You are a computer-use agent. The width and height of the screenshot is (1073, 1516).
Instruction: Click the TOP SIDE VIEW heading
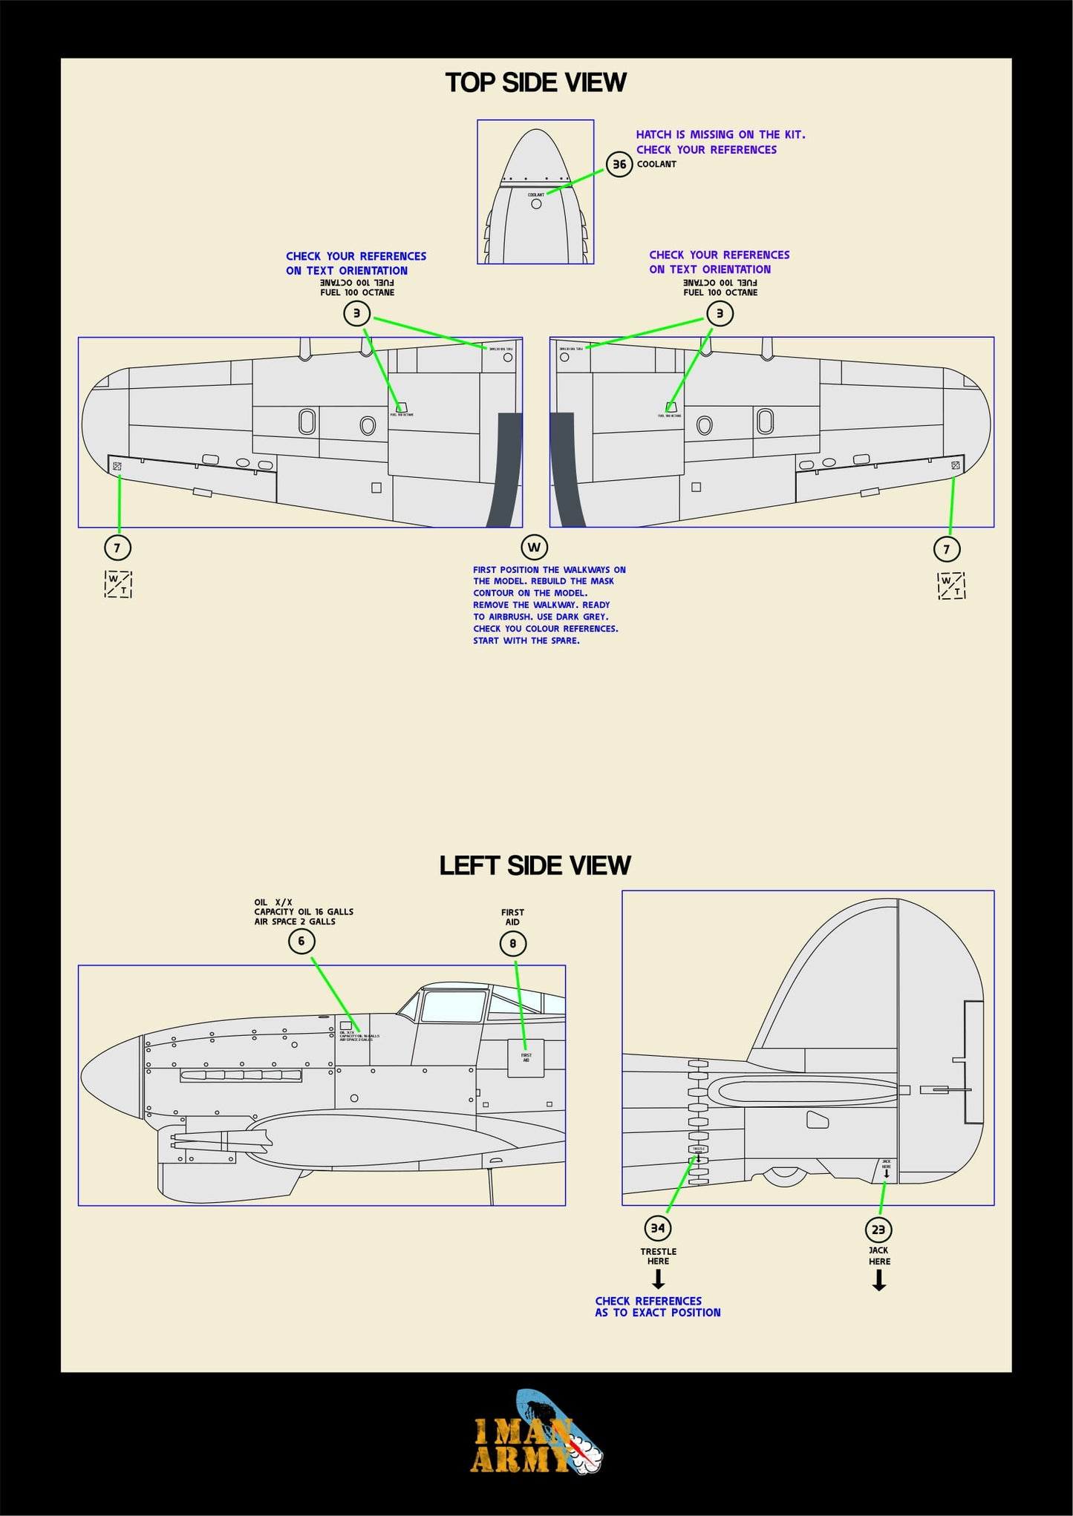point(535,82)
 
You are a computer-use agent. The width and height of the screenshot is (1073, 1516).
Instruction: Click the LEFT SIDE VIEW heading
point(535,865)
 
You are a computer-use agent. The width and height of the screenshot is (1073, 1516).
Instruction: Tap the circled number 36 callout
point(619,164)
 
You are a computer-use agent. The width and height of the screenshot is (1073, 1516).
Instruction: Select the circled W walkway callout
point(534,548)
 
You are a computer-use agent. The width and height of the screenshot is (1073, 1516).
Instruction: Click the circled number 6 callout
point(301,941)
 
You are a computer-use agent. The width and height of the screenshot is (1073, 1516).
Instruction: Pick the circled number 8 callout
point(512,944)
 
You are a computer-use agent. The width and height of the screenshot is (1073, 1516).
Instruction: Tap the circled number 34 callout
point(658,1228)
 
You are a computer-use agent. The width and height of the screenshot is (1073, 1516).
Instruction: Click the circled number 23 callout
point(878,1230)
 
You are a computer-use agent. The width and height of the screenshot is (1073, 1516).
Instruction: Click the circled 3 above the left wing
point(356,313)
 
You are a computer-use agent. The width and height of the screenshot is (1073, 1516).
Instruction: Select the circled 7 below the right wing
point(946,549)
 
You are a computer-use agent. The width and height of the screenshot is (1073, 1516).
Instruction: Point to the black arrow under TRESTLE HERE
point(658,1279)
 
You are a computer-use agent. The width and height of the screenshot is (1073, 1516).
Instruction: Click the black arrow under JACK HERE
point(879,1280)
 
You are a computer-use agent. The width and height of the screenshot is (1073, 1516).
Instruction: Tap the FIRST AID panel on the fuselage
point(526,1057)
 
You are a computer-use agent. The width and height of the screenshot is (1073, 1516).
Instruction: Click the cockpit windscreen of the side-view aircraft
point(452,1006)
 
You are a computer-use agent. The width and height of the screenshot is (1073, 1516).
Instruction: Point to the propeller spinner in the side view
point(111,1077)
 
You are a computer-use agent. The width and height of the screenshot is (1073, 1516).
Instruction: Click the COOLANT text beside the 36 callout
point(656,164)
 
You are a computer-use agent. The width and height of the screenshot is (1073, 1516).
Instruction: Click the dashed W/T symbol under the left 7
point(118,584)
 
